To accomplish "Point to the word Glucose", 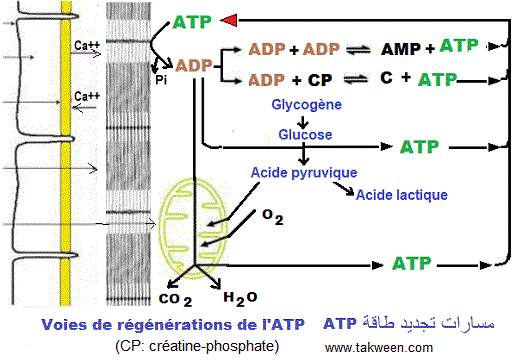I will [x=306, y=134].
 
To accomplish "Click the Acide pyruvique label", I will [x=304, y=173].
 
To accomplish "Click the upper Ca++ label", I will [x=86, y=45].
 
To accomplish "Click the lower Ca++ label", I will [x=86, y=96].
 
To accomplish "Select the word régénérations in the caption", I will [x=159, y=326].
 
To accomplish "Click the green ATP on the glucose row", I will [x=420, y=147].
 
